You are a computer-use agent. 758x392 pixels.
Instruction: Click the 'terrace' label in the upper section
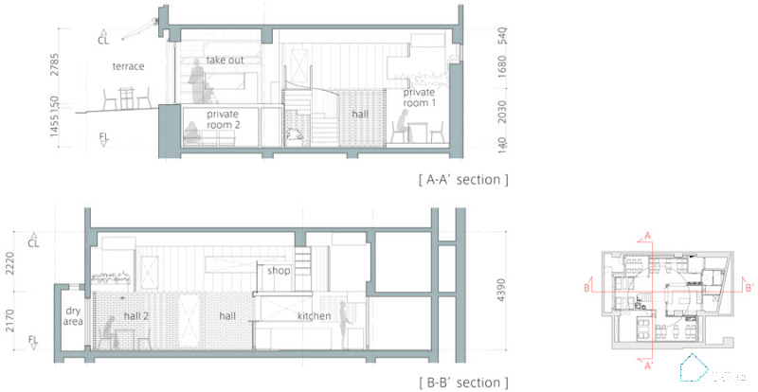click(x=128, y=67)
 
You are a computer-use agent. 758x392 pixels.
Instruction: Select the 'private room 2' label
click(x=223, y=120)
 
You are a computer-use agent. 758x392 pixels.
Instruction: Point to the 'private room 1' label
click(x=419, y=98)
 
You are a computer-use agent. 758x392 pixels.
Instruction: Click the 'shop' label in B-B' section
click(x=278, y=271)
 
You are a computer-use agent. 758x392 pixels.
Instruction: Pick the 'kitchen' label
click(x=313, y=315)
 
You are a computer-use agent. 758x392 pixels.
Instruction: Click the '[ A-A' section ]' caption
click(x=462, y=179)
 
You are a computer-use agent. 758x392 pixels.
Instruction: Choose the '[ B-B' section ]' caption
click(x=462, y=383)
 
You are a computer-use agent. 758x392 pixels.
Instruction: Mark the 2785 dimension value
click(x=57, y=64)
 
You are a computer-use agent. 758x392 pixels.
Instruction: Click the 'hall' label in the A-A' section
click(x=360, y=114)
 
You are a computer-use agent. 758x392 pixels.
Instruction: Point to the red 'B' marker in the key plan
click(x=587, y=286)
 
